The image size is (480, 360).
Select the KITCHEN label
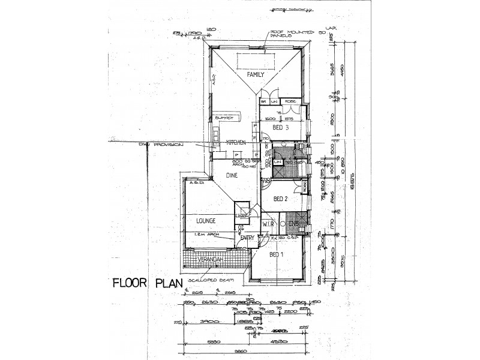(x=236, y=142)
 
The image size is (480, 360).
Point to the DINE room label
(x=233, y=175)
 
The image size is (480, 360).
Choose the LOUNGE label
(x=205, y=221)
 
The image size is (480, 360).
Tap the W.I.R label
(x=268, y=224)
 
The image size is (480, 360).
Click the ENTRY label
(x=247, y=238)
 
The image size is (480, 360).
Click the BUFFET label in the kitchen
(x=223, y=119)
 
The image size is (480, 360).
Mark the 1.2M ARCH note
(x=204, y=236)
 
